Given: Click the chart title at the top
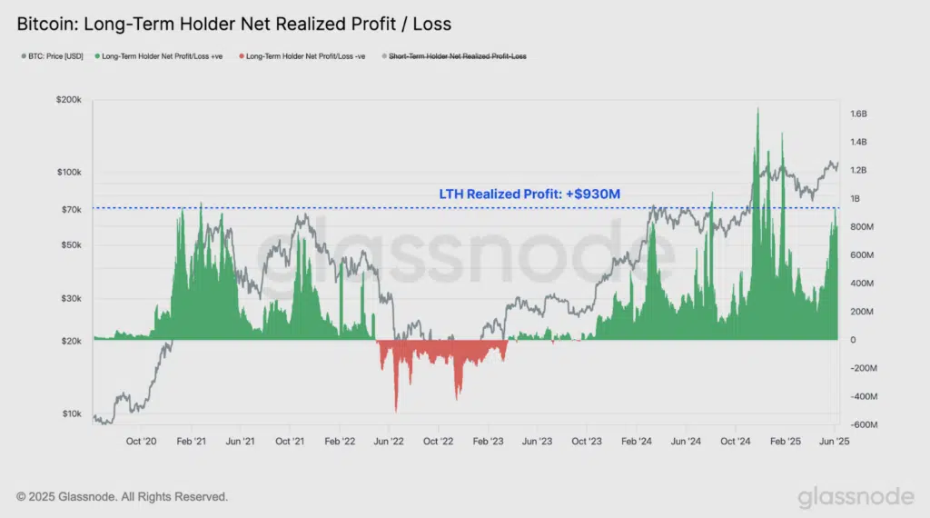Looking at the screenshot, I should pos(233,23).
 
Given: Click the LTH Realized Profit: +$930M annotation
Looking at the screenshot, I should pos(529,194).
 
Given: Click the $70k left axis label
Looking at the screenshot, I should pos(71,210).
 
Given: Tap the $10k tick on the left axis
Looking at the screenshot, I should pos(71,414).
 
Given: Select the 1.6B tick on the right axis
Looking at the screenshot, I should pos(859,115).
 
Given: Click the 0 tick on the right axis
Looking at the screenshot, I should pos(852,340).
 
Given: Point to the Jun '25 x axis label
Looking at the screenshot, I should pos(834,441).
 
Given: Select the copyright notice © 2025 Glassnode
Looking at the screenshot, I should pos(123,497).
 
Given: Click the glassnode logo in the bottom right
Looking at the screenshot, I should pos(856,496).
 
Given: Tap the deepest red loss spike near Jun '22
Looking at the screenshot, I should pos(396,409).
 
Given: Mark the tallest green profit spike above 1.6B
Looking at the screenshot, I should pos(757,110).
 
